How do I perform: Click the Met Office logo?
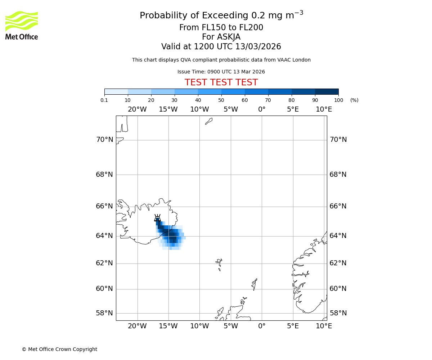[22, 25]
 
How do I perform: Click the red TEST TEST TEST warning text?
[221, 82]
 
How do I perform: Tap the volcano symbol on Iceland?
[157, 218]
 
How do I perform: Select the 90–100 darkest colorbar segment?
[327, 91]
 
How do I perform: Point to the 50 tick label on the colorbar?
[221, 100]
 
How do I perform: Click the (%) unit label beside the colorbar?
[354, 100]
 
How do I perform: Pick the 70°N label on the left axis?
[104, 140]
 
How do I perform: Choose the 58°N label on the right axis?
[338, 313]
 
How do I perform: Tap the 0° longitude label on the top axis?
[262, 109]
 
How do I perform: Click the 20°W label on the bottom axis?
[137, 326]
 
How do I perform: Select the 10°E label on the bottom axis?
[324, 326]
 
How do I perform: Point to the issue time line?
[221, 72]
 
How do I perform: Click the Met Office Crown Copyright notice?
[59, 349]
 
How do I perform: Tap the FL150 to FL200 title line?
[221, 28]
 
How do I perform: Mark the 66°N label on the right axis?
[338, 206]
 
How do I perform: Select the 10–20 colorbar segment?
[139, 91]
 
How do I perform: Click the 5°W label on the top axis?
[230, 109]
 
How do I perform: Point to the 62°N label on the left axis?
[104, 263]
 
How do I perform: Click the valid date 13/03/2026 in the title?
[258, 47]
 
